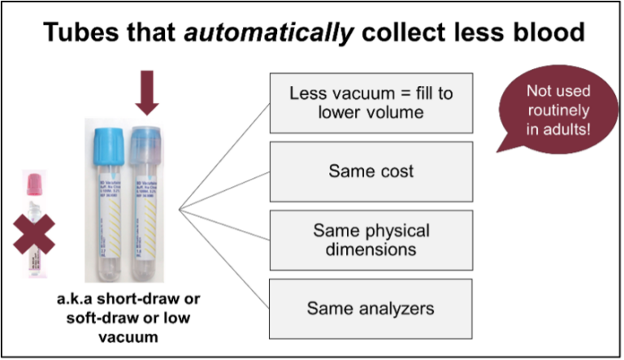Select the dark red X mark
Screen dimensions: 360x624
click(32, 232)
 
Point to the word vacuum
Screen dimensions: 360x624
click(357, 93)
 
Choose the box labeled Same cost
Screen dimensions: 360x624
click(370, 172)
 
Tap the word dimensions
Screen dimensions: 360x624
click(371, 249)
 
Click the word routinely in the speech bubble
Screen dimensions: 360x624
click(557, 111)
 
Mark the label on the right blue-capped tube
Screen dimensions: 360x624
click(147, 211)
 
